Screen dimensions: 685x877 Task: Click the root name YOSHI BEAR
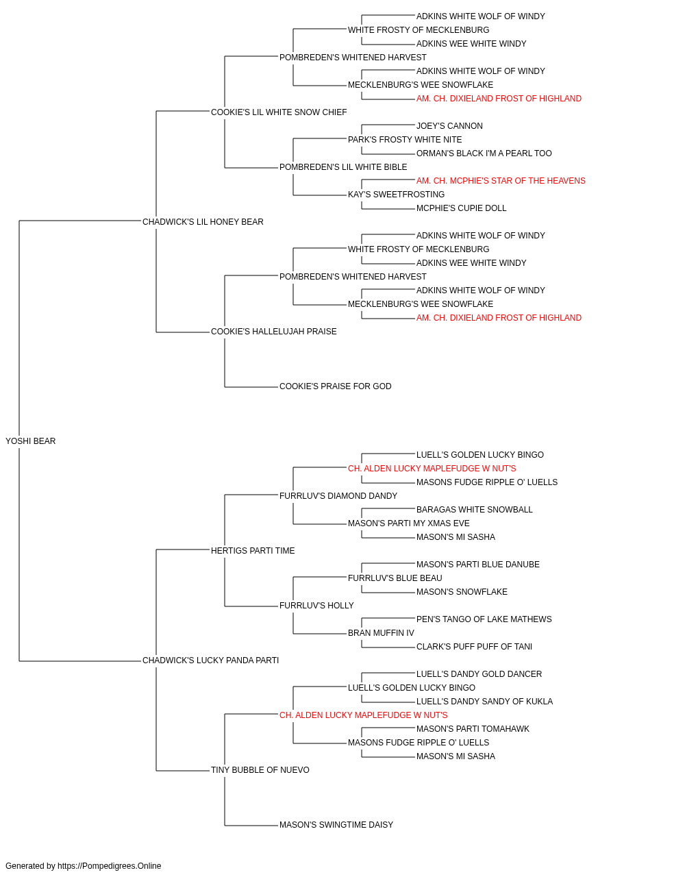(x=31, y=441)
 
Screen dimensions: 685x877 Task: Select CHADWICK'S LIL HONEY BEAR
(x=203, y=222)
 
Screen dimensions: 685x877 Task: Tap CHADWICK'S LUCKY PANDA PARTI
(x=210, y=660)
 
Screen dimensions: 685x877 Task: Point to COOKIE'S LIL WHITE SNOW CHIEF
(x=279, y=112)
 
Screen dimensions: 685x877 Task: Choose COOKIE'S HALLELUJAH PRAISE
(x=273, y=332)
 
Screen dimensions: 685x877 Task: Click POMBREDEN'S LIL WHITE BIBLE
(x=343, y=167)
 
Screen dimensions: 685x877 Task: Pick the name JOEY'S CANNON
(x=449, y=126)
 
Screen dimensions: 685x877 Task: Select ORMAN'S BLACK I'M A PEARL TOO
(x=484, y=153)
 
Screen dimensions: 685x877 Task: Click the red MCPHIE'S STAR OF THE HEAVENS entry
(x=501, y=181)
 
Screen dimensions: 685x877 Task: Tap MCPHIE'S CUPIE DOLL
(x=461, y=208)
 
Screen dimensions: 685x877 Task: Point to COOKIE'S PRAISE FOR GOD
(x=335, y=386)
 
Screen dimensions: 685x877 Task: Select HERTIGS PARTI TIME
(x=253, y=550)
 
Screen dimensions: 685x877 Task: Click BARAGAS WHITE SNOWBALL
(x=475, y=510)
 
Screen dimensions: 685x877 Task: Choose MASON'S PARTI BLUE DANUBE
(x=477, y=564)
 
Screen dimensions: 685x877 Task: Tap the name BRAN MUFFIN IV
(x=381, y=633)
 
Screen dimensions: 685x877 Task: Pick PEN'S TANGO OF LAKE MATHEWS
(x=484, y=619)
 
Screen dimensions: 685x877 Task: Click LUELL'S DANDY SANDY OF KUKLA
(x=484, y=702)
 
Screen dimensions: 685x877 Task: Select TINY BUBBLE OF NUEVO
(x=260, y=770)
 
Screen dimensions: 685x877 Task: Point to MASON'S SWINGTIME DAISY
(x=336, y=825)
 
